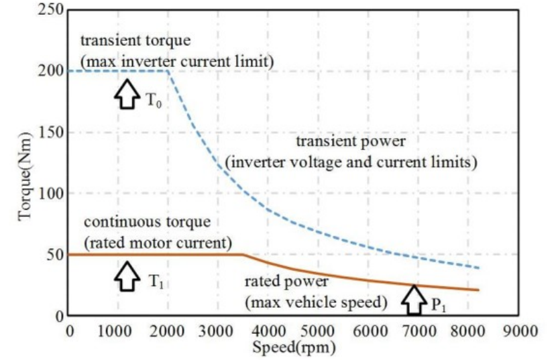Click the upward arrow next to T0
(125, 95)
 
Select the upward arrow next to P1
(414, 299)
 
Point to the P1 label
(438, 306)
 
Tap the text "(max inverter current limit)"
(178, 62)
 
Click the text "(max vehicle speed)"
(317, 302)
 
